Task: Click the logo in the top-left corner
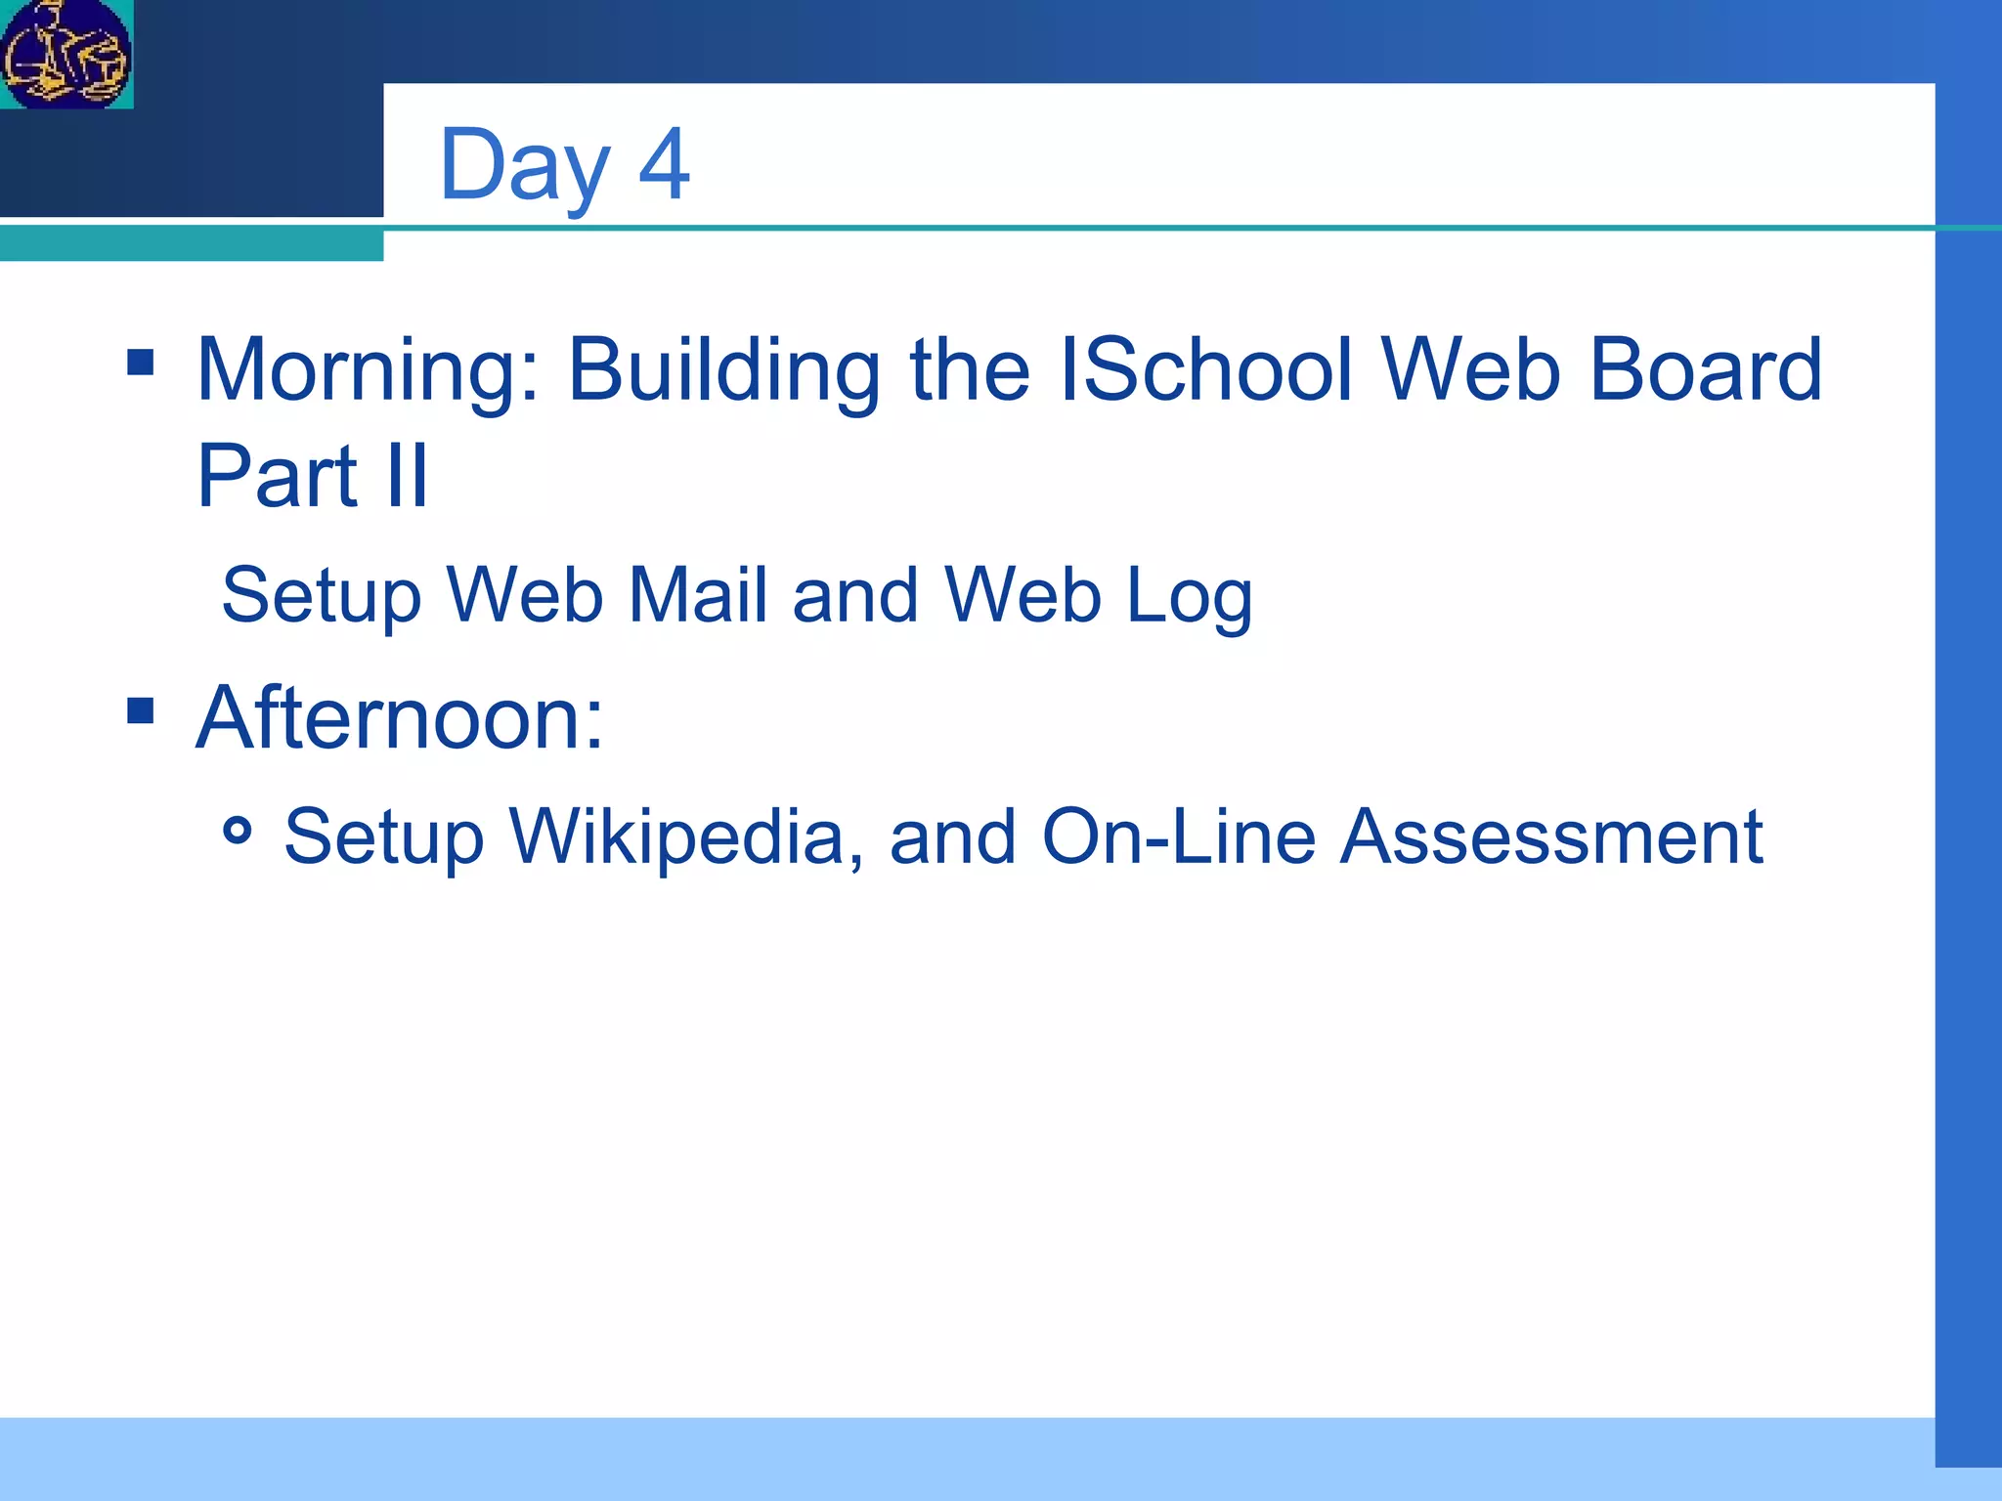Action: click(66, 54)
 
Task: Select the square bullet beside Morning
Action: click(141, 363)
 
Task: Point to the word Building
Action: click(724, 371)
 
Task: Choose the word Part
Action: click(278, 476)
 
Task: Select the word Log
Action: click(1190, 596)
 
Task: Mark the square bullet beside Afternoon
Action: click(141, 710)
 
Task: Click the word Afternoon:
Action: click(400, 718)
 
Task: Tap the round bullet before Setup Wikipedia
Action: click(238, 832)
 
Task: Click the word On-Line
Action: click(1179, 836)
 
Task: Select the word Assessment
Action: click(1551, 836)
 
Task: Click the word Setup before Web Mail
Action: click(322, 596)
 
